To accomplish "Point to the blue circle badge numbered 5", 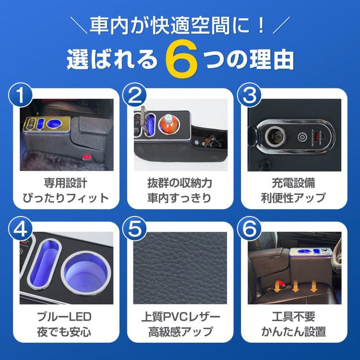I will click(x=134, y=231).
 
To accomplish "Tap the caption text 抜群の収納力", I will click(x=180, y=184).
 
